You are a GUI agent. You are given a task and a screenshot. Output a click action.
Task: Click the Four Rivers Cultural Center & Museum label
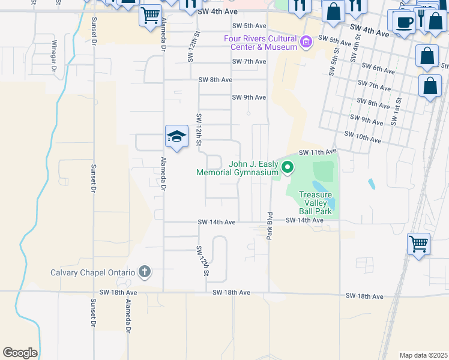point(261,42)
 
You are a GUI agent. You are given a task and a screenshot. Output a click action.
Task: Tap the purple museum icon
point(307,43)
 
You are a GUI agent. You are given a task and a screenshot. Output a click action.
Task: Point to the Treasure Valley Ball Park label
point(315,203)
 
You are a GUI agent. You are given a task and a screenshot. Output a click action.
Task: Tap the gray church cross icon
point(144,272)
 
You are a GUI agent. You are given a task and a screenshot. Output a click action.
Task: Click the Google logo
point(20,353)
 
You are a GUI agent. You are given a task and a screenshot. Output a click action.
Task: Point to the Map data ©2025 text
point(423,355)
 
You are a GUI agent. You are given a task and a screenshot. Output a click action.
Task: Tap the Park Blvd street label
point(270,226)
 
